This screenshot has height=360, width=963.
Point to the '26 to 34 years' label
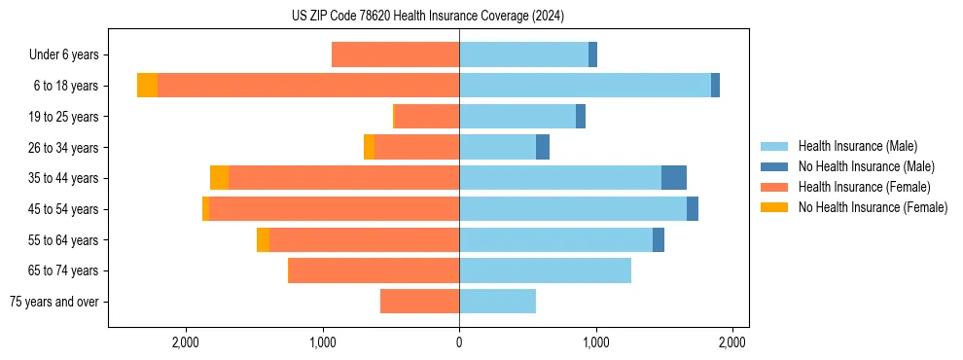pos(64,147)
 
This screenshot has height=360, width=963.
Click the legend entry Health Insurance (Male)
pos(855,146)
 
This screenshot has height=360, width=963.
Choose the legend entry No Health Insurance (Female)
pos(872,207)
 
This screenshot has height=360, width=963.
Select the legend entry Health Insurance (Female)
pos(862,187)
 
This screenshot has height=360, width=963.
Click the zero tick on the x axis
pos(459,342)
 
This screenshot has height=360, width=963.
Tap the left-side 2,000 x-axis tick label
pos(185,342)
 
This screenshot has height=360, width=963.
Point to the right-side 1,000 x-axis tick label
pos(596,342)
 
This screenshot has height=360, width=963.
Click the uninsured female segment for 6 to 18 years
pos(147,86)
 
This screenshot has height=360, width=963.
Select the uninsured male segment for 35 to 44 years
pos(674,178)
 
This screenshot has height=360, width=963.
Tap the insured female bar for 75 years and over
pos(419,302)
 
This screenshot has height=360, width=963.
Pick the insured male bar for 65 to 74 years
pos(545,270)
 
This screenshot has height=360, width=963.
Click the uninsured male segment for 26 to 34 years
pos(543,147)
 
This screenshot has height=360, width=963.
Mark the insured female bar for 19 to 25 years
pos(426,117)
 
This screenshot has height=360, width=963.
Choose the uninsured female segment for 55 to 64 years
pos(263,239)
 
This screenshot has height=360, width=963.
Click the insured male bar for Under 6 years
pos(523,54)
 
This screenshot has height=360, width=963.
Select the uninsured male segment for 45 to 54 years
pos(693,209)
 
